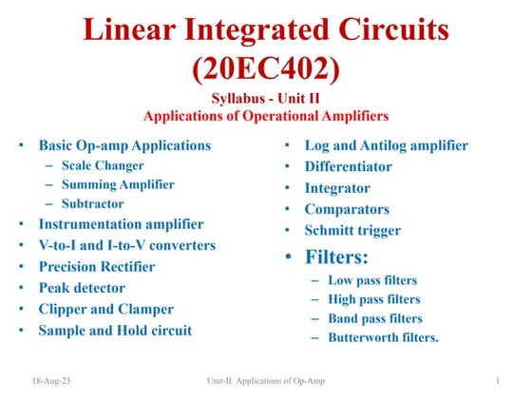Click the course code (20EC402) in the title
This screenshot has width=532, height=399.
[x=265, y=69]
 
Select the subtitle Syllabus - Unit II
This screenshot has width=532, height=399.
[x=266, y=101]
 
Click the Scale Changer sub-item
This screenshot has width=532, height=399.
[x=103, y=165]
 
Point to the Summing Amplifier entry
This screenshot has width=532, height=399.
[x=118, y=184]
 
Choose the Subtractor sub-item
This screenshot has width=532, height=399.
[x=94, y=204]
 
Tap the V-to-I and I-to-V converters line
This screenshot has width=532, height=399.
[x=126, y=245]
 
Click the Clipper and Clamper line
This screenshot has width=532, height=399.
[x=105, y=309]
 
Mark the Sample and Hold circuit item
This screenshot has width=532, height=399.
[x=115, y=331]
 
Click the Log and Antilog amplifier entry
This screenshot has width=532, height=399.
[x=386, y=145]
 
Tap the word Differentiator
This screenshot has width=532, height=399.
[x=348, y=166]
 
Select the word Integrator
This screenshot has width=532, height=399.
[x=337, y=188]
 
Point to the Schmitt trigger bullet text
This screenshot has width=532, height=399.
[x=352, y=230]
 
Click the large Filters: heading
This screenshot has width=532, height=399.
[x=336, y=256]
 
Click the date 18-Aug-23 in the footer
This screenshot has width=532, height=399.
[x=50, y=381]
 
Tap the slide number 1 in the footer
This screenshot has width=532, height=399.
[x=498, y=381]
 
